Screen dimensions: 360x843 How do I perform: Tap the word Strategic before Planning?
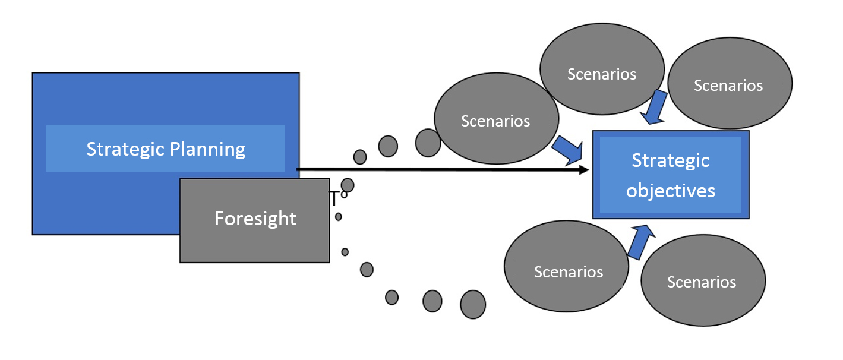(x=122, y=149)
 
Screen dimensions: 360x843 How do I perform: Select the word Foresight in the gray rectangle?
(x=255, y=219)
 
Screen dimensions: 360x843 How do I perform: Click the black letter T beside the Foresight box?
(x=334, y=198)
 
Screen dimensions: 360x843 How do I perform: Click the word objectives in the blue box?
(x=671, y=191)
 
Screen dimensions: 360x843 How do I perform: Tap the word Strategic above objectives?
(x=671, y=160)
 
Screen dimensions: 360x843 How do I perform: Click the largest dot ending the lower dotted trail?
(x=473, y=304)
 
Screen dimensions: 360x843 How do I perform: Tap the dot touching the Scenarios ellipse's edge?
(x=428, y=143)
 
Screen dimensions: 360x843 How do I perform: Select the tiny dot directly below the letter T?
(x=339, y=217)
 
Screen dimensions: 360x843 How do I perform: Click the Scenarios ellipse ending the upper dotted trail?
(x=496, y=121)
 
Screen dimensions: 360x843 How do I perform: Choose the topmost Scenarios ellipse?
(x=602, y=74)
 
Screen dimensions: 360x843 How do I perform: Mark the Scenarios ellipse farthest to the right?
(x=730, y=85)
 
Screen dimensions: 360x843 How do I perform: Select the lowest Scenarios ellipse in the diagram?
(x=703, y=282)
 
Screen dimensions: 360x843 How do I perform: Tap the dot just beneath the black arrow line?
(x=348, y=185)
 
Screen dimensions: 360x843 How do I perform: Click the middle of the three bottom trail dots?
(x=432, y=301)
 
